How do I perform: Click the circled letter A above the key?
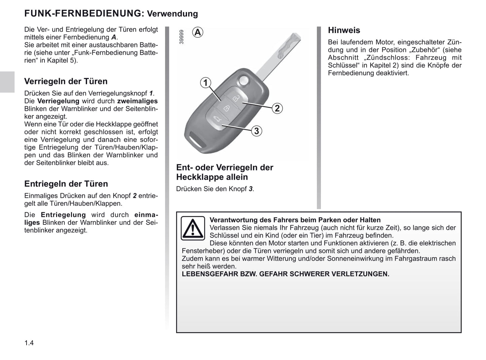198,32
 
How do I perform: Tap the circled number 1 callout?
205,82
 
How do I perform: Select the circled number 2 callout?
277,108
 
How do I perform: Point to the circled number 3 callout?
257,131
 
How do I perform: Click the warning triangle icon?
193,228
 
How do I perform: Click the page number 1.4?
29,343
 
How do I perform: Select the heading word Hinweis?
344,30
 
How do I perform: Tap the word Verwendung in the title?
173,14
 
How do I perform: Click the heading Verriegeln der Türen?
66,81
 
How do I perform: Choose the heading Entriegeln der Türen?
66,184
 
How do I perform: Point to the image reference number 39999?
182,37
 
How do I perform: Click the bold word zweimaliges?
137,101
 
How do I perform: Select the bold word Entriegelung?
63,215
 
